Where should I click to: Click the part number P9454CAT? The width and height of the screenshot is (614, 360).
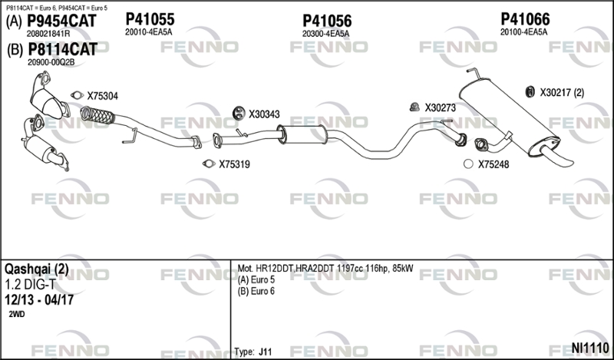pos(61,21)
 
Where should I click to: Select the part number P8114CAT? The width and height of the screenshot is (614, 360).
pos(63,49)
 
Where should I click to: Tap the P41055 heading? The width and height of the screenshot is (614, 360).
pos(150,18)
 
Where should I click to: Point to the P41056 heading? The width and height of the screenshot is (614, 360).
pos(327,21)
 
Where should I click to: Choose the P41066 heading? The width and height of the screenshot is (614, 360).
pos(525,18)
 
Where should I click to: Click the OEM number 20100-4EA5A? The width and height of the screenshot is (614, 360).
pos(523,32)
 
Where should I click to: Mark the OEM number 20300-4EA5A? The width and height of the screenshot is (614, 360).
pos(325,34)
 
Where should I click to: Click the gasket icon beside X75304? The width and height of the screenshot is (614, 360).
pos(78,95)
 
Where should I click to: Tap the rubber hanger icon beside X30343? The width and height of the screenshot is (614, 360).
pos(238,113)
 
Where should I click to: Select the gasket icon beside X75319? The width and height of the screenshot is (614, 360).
pos(209,163)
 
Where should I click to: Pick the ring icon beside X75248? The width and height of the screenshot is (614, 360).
pos(468,164)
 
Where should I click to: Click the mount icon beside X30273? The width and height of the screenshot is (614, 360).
pos(414,107)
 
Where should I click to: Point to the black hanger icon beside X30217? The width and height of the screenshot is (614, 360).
pos(530,92)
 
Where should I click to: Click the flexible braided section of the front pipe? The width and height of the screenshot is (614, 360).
pos(97,115)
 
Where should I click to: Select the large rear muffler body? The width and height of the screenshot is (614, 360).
pos(509,117)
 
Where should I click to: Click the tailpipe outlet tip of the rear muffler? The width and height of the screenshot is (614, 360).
pos(569,161)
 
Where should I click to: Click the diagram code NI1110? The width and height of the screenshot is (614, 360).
pos(590,348)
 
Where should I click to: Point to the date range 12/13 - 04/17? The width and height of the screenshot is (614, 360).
pos(39,300)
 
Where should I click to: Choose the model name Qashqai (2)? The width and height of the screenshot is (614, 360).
pos(36,269)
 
